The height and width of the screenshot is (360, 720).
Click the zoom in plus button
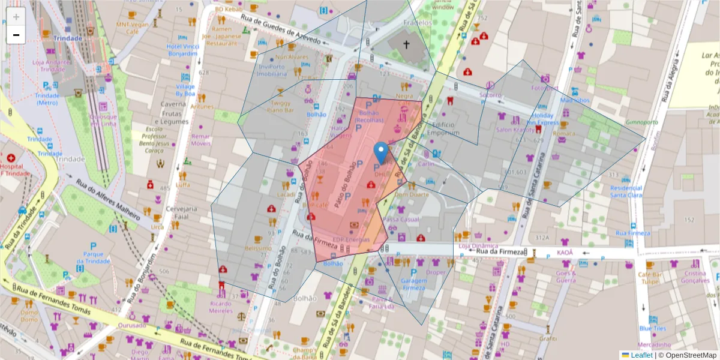[x=16, y=17]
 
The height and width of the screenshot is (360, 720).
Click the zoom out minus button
[x=16, y=35]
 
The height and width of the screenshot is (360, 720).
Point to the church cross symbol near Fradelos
[x=406, y=44]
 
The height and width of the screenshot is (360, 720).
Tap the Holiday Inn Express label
[x=545, y=119]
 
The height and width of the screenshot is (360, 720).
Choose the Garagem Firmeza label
[x=413, y=284]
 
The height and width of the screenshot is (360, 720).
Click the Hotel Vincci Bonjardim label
[x=182, y=50]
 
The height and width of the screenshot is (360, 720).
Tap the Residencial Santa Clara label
[x=626, y=191]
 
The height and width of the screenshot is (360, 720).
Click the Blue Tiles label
[x=652, y=328]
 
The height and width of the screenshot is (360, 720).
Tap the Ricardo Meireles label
[x=221, y=307]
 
